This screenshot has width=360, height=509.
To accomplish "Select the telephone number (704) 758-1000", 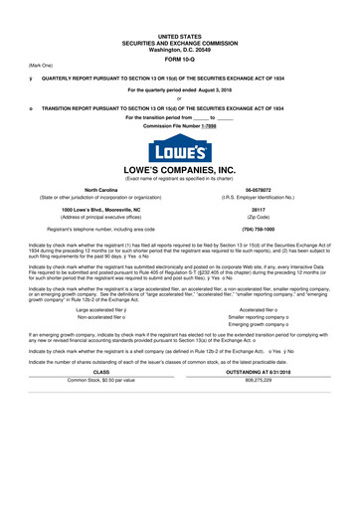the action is [260, 230].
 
